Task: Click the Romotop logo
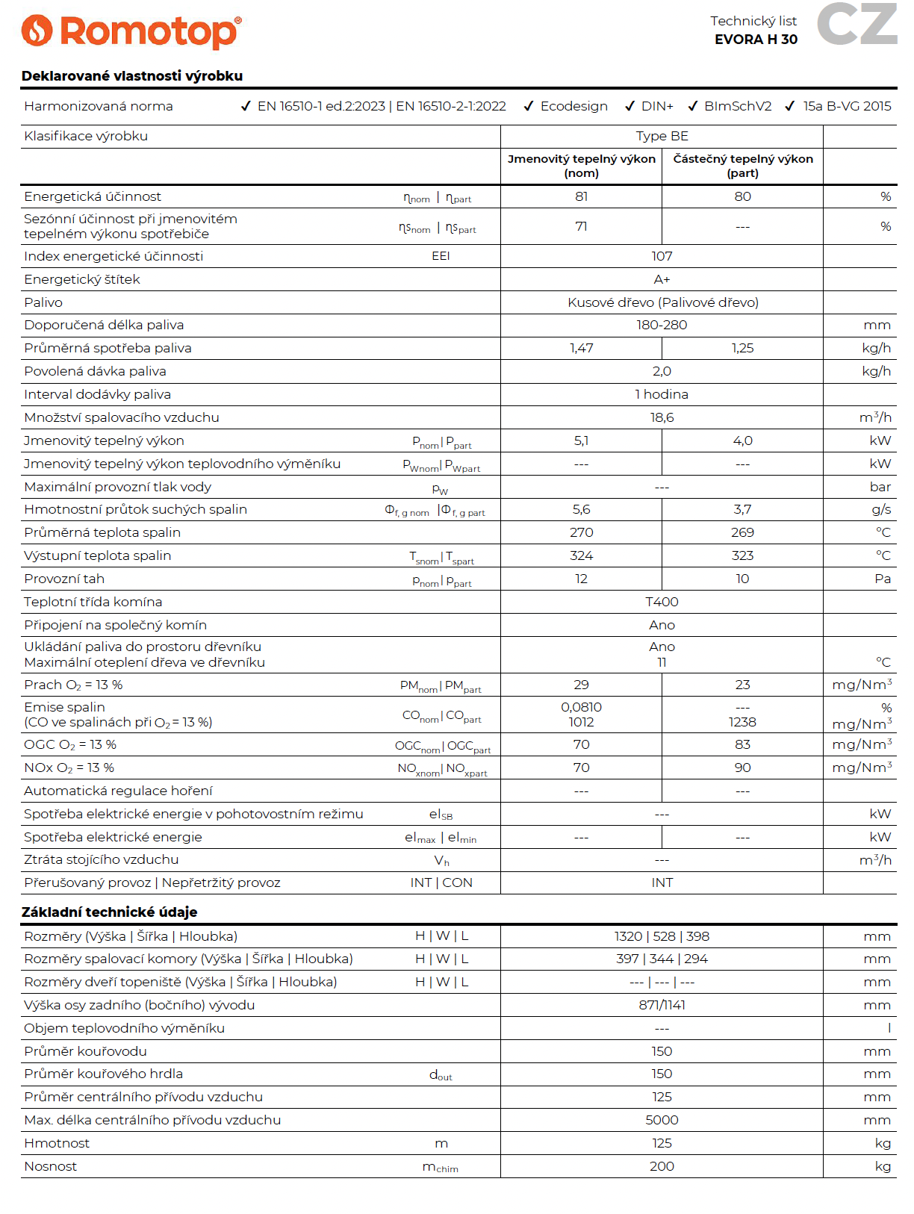[131, 31]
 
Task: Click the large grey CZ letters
[857, 24]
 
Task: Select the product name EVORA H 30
[756, 40]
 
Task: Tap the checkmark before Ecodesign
[529, 106]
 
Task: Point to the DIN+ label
[657, 106]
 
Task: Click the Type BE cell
[662, 136]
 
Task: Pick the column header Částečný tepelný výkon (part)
[742, 166]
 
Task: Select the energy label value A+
[662, 279]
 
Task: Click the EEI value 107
[662, 256]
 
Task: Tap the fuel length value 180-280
[662, 325]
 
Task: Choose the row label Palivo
[43, 302]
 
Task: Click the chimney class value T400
[662, 602]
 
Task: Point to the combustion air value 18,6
[662, 417]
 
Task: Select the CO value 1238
[742, 722]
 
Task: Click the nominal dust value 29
[581, 685]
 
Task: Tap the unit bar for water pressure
[880, 487]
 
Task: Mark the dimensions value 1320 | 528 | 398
[662, 936]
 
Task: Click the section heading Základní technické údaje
[109, 912]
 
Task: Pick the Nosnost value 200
[662, 1166]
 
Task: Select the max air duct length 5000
[662, 1120]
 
